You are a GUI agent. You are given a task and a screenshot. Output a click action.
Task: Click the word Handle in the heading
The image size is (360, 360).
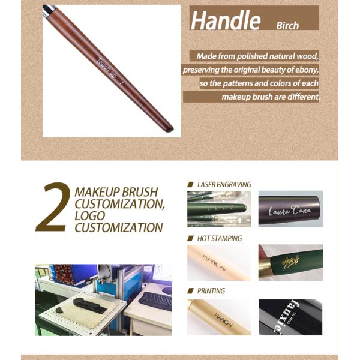click(226, 20)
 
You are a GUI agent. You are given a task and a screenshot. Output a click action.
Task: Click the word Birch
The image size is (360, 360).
click(288, 26)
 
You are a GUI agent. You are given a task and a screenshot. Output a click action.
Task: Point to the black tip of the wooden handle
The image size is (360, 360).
click(170, 128)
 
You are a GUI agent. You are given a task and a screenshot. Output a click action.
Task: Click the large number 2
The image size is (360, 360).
click(53, 208)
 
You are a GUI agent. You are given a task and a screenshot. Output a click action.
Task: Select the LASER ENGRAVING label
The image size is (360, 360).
click(224, 184)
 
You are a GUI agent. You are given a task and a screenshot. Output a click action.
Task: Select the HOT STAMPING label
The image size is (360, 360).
click(219, 238)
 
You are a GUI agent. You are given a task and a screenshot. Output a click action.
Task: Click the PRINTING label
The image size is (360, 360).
click(211, 291)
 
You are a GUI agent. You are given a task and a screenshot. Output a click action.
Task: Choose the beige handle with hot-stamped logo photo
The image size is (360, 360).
click(218, 263)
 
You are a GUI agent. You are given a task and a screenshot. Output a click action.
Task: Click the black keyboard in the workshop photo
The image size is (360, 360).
click(155, 299)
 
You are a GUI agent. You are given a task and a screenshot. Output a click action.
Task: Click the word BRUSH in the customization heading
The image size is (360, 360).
click(139, 193)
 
